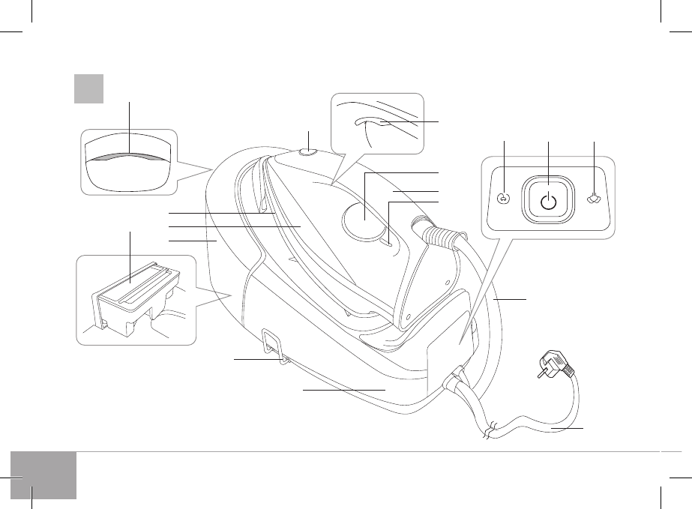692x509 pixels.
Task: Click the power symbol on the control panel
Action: [x=550, y=200]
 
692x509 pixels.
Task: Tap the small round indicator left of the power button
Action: [x=503, y=199]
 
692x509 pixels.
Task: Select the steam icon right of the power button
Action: [x=594, y=200]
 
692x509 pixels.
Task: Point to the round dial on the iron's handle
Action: [x=364, y=218]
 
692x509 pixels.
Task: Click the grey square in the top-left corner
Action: [x=88, y=88]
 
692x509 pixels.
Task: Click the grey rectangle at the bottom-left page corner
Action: [x=44, y=475]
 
